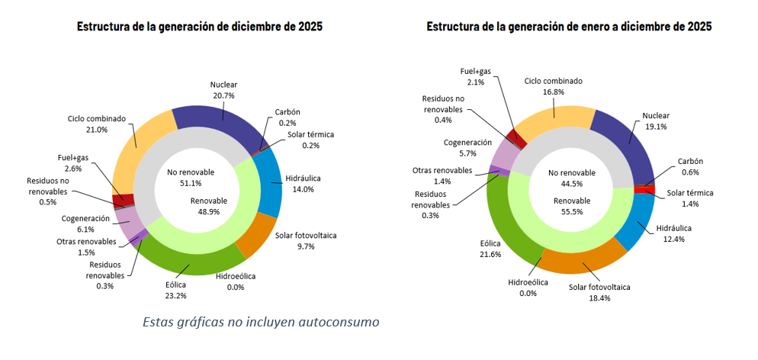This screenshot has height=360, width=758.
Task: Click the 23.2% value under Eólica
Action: click(x=175, y=296)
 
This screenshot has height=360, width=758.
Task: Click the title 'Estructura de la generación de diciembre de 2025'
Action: click(x=199, y=27)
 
